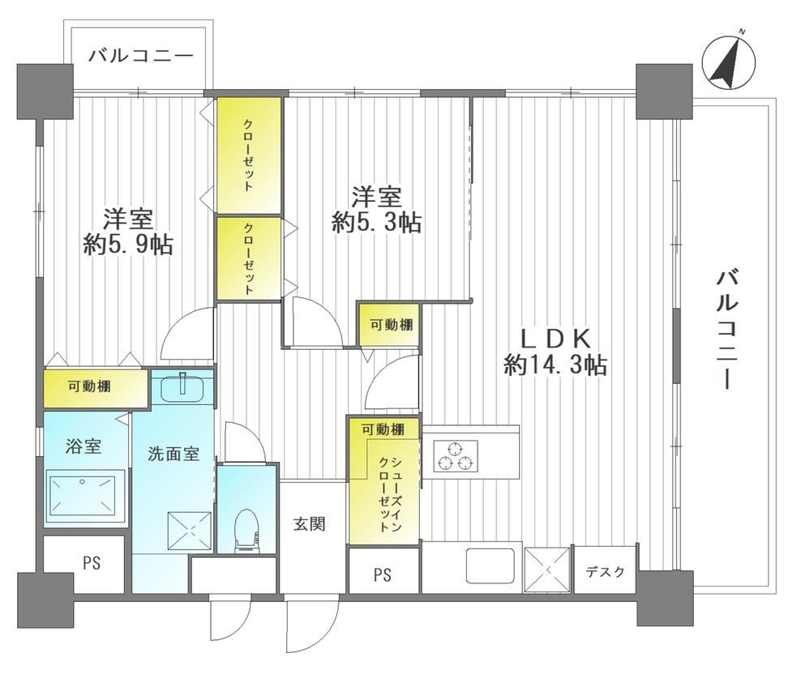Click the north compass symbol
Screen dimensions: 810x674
pyautogui.click(x=729, y=61)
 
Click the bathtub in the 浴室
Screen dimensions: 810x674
pyautogui.click(x=82, y=497)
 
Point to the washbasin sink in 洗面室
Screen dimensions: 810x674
pyautogui.click(x=184, y=387)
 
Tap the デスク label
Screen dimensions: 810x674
pyautogui.click(x=606, y=572)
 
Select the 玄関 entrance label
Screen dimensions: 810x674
pyautogui.click(x=310, y=524)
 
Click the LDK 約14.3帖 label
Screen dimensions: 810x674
pyautogui.click(x=555, y=352)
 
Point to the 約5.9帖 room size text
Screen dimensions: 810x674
pyautogui.click(x=128, y=245)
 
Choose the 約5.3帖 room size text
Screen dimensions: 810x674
pyautogui.click(x=376, y=223)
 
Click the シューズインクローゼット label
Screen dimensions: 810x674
pyautogui.click(x=391, y=494)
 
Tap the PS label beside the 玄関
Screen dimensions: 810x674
pyautogui.click(x=384, y=574)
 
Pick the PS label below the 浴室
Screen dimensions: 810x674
pyautogui.click(x=92, y=563)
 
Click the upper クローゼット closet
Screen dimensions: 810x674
pyautogui.click(x=249, y=155)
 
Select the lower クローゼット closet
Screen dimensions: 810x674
pyautogui.click(x=249, y=258)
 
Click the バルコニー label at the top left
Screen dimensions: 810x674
pyautogui.click(x=141, y=56)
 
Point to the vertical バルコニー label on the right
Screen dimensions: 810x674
pyautogui.click(x=726, y=330)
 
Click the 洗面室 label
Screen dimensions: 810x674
pyautogui.click(x=174, y=454)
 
